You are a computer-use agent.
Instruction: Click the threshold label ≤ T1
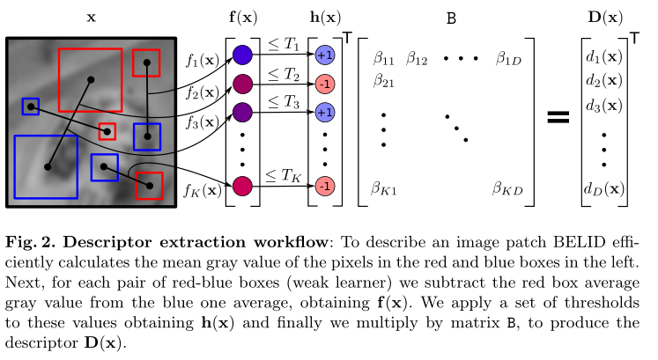pyautogui.click(x=284, y=44)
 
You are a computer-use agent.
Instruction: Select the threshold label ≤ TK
pyautogui.click(x=284, y=176)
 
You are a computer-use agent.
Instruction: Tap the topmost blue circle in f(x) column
pyautogui.click(x=242, y=55)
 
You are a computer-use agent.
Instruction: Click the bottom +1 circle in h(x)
pyautogui.click(x=325, y=113)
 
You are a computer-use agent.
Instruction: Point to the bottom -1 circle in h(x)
pyautogui.click(x=325, y=186)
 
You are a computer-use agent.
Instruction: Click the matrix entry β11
pyautogui.click(x=383, y=59)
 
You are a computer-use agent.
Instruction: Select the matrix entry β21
pyautogui.click(x=383, y=80)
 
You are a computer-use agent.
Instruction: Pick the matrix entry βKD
pyautogui.click(x=507, y=188)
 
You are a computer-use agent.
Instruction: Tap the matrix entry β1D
pyautogui.click(x=508, y=59)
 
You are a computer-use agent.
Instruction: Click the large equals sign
pyautogui.click(x=558, y=117)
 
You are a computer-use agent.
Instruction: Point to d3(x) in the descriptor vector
pyautogui.click(x=604, y=106)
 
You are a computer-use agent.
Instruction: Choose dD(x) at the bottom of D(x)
pyautogui.click(x=604, y=189)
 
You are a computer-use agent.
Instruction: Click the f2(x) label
pyautogui.click(x=203, y=92)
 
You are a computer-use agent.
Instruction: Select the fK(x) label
pyautogui.click(x=203, y=191)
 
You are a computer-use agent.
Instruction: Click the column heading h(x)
pyautogui.click(x=325, y=18)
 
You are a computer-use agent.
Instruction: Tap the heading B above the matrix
pyautogui.click(x=451, y=18)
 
